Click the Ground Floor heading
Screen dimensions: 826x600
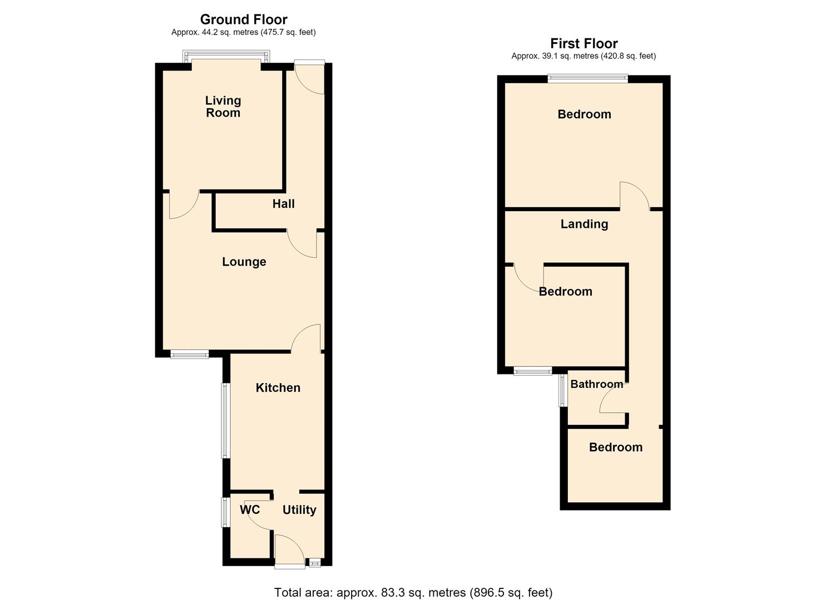pos(244,19)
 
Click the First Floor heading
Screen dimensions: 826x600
pos(583,43)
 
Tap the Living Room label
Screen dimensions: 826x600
pos(223,106)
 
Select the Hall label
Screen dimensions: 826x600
pos(284,204)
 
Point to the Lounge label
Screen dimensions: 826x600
pos(244,262)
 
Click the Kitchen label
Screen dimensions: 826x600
pos(278,387)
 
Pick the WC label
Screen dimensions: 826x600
pos(250,510)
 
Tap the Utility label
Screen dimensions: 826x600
pos(299,510)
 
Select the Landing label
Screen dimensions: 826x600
pos(585,224)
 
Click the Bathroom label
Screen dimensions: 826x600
pos(597,384)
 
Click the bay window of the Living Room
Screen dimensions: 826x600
pos(226,56)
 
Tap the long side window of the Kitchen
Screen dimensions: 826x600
pos(226,421)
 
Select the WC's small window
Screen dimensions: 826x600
pos(225,512)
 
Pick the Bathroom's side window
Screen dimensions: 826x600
pos(562,391)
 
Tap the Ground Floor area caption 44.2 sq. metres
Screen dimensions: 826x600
pos(244,32)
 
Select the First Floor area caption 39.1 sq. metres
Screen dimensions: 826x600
pos(583,56)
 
